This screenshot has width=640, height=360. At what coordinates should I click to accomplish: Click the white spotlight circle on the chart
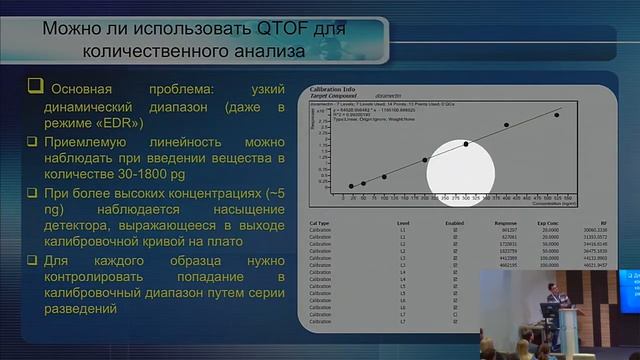461,165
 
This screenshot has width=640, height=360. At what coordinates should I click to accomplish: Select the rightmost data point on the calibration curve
557,115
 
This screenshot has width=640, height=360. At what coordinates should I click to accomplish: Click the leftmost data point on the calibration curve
351,186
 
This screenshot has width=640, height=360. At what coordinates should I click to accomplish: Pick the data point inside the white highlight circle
465,144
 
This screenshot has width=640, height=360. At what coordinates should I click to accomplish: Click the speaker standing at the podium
552,301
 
